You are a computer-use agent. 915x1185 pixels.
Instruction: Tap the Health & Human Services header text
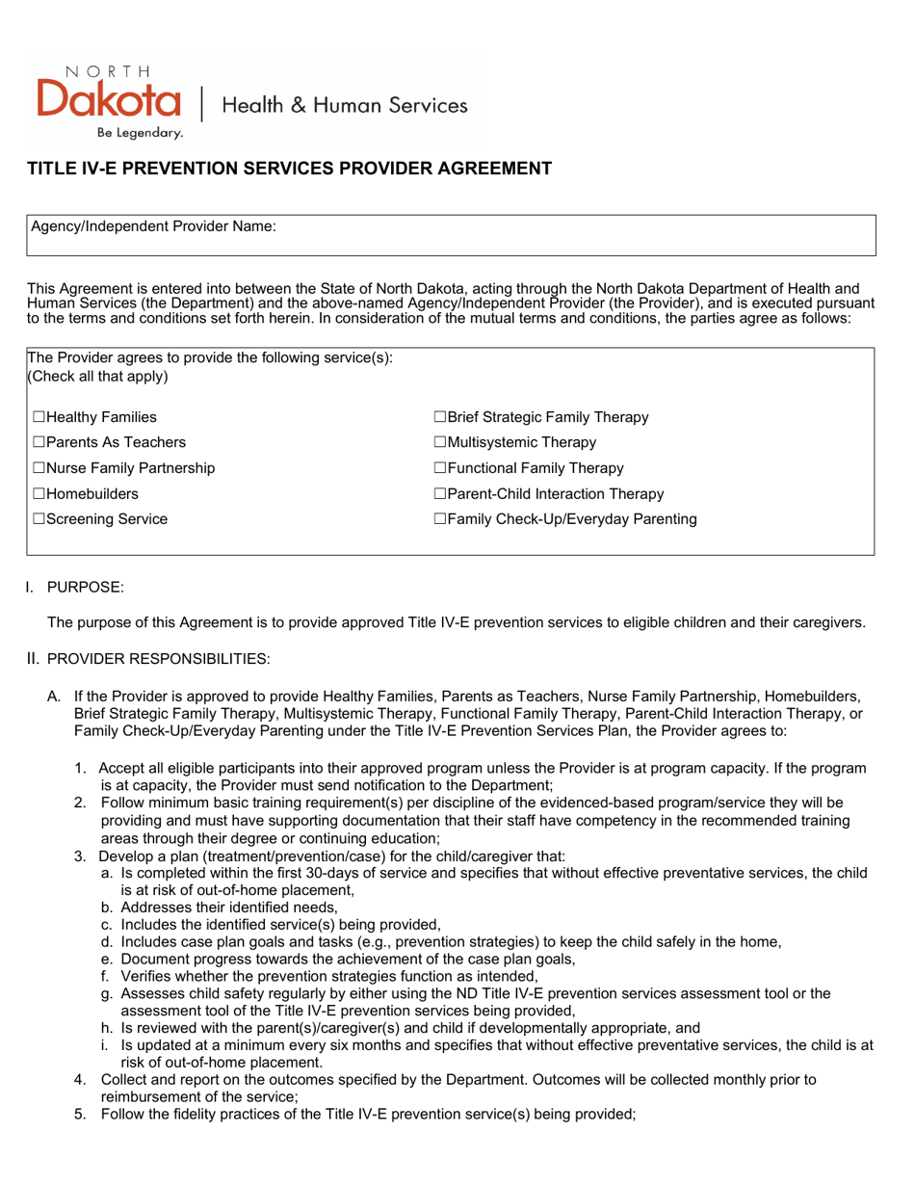pos(345,105)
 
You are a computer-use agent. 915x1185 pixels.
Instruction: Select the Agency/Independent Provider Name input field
pos(578,235)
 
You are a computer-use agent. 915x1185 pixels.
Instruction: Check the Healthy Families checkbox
pos(39,418)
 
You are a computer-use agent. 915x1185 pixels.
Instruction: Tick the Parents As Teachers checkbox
pos(39,443)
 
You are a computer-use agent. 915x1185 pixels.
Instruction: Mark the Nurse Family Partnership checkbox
pos(39,469)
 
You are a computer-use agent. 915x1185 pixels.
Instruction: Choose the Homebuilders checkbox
pos(39,494)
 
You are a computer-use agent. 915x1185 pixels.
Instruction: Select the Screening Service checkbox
pos(39,519)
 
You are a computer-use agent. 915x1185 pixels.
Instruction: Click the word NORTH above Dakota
pos(107,71)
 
